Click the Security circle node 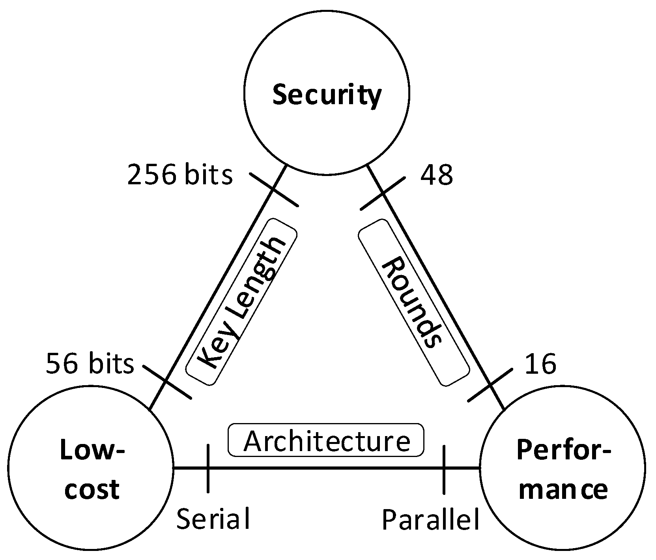point(327,94)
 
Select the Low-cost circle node point(91,470)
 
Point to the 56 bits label point(90,363)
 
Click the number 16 point(540,363)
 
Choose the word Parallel point(431,519)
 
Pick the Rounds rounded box point(413,302)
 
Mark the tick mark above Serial point(208,469)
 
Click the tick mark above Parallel point(444,469)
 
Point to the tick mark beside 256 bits point(274,189)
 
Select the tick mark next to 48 point(383,193)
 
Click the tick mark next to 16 point(490,385)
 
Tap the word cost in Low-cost point(92,489)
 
